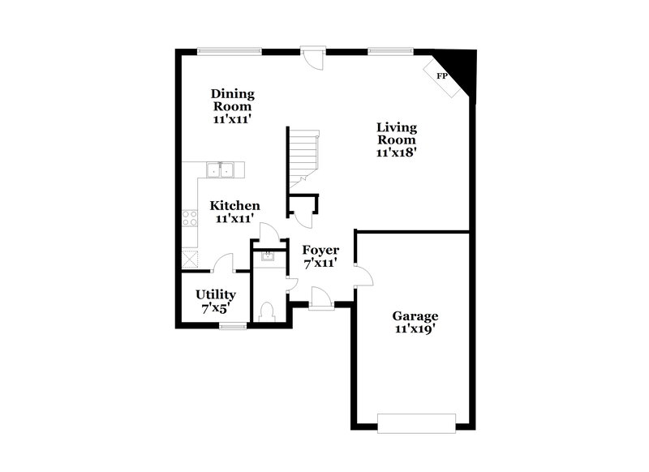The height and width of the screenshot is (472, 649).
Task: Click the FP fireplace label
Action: pyautogui.click(x=442, y=75)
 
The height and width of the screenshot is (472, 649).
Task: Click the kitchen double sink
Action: pyautogui.click(x=220, y=169)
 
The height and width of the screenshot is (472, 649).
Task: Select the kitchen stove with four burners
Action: pyautogui.click(x=190, y=217)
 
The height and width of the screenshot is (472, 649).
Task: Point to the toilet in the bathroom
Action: pyautogui.click(x=267, y=311)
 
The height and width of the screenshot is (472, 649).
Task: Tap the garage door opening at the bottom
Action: pyautogui.click(x=416, y=422)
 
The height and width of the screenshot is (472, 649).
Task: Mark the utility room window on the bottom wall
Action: pyautogui.click(x=233, y=327)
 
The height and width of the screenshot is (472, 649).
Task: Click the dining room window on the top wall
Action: pyautogui.click(x=230, y=50)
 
